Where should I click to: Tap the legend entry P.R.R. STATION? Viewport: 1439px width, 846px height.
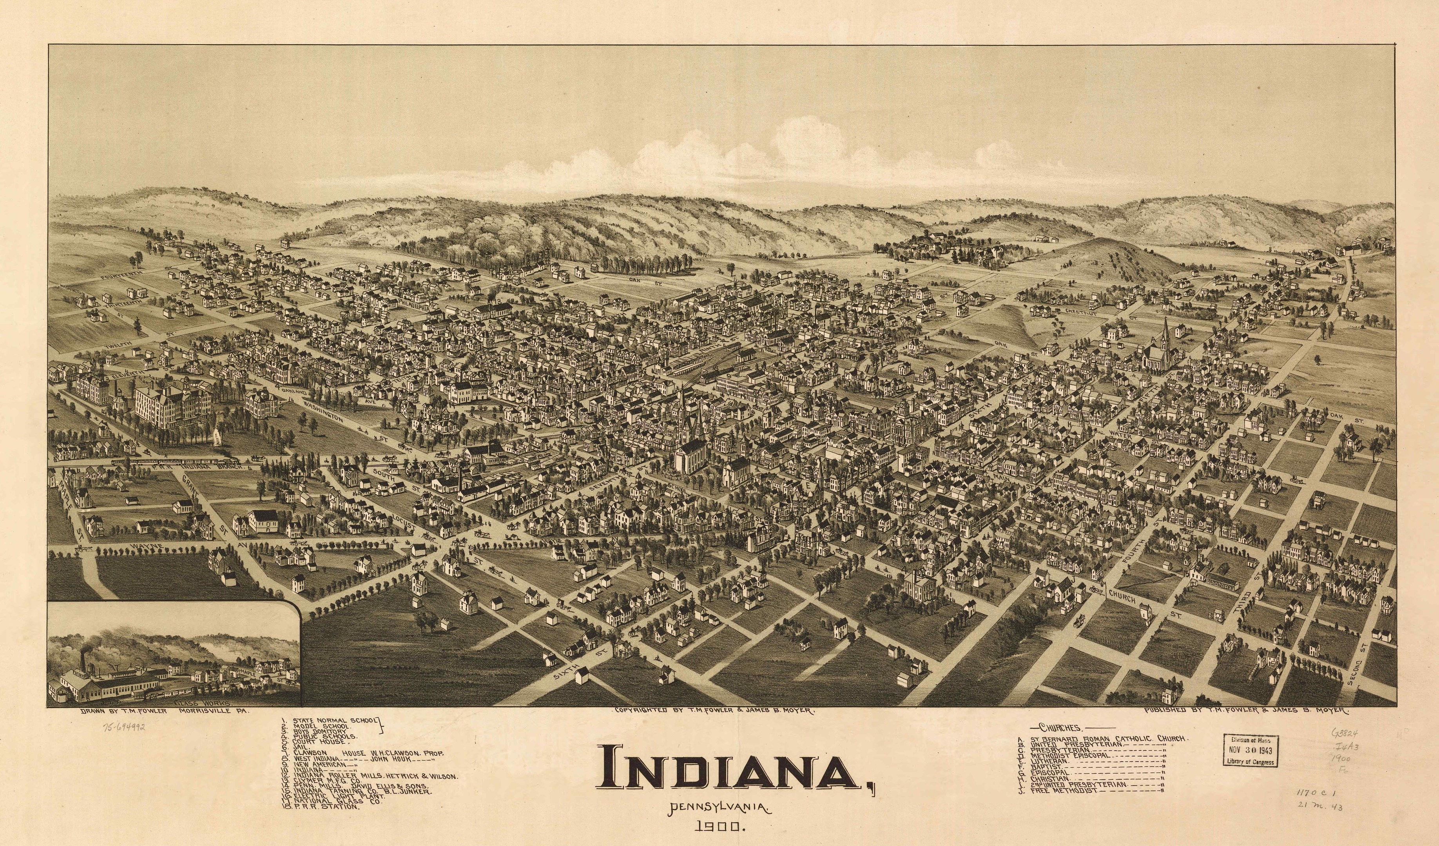pyautogui.click(x=326, y=806)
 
